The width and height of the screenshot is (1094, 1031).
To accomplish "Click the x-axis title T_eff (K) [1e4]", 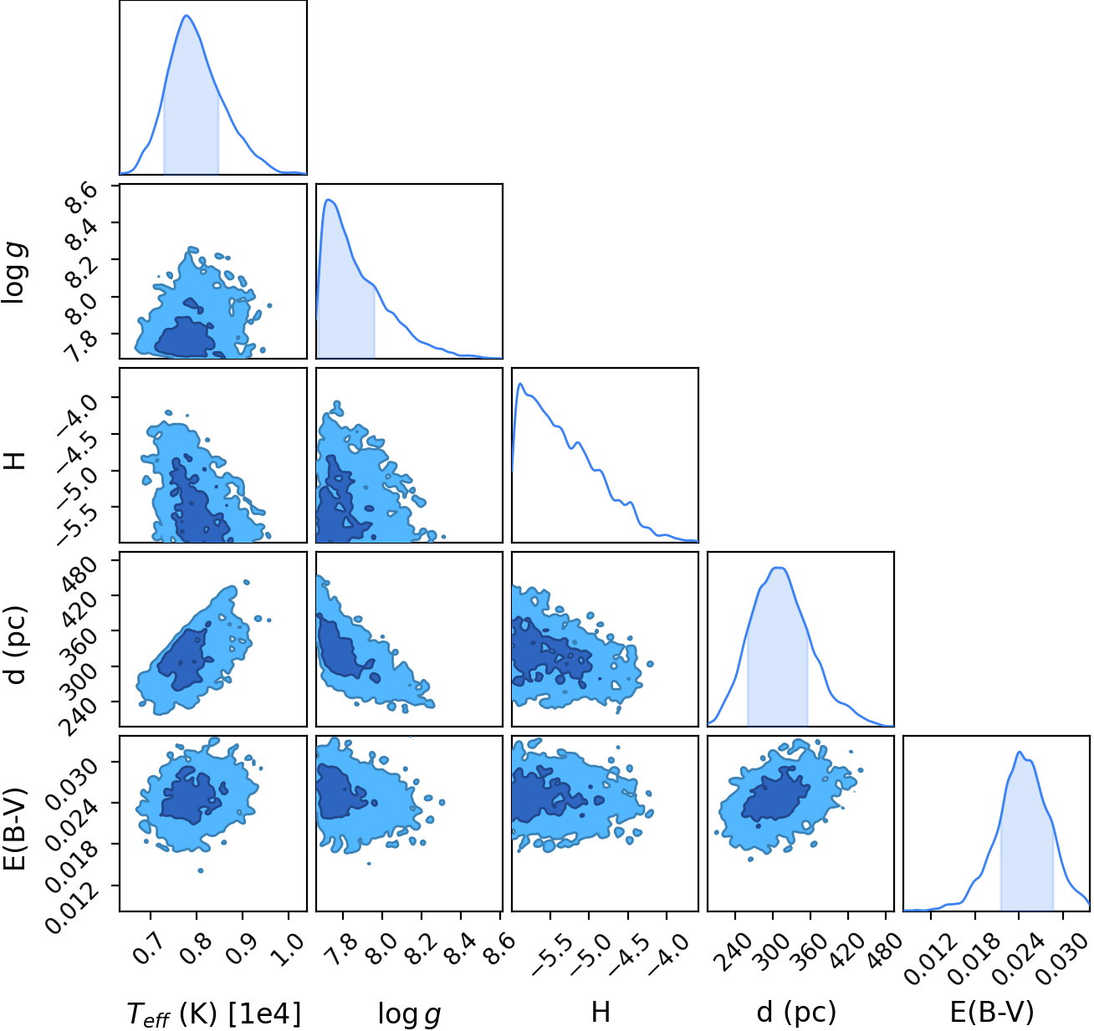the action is (x=214, y=1013).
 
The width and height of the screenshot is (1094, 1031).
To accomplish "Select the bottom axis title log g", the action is (x=409, y=1013).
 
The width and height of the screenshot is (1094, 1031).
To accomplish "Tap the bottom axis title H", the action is (x=601, y=1012).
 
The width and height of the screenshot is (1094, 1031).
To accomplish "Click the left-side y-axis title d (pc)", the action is (x=17, y=645).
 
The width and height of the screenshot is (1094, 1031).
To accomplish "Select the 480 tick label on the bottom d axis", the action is (x=885, y=950).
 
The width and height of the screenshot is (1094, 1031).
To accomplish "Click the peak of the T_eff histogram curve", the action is (x=187, y=15).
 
